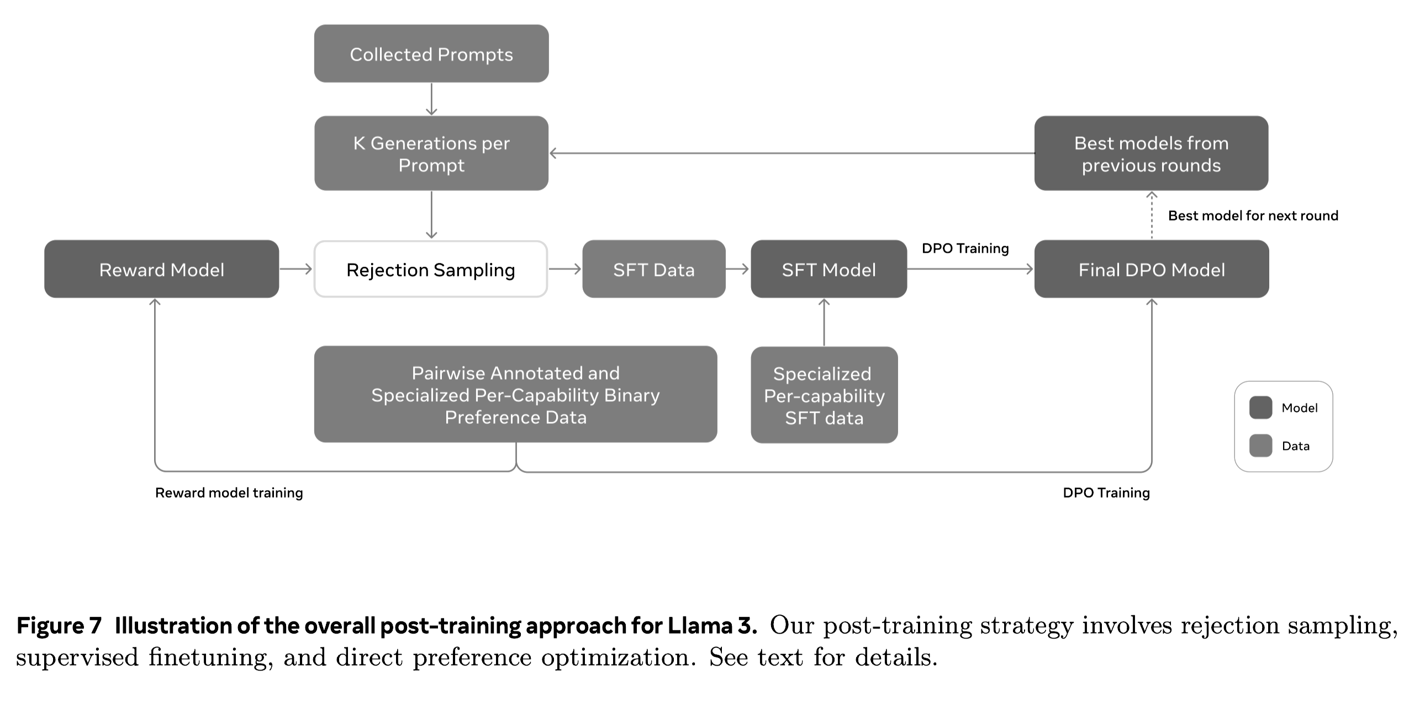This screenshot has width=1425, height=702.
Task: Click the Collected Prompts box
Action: pos(431,54)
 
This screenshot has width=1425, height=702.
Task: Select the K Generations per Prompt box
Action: pos(431,153)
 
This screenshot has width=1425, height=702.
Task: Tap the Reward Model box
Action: pos(161,269)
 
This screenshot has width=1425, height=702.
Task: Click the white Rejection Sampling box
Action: pos(430,269)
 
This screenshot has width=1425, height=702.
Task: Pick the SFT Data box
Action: pos(653,269)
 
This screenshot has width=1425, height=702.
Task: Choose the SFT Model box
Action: pos(828,269)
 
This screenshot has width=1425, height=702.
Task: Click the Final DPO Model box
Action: pos(1151,269)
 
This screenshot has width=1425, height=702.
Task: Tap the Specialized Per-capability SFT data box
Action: pos(824,395)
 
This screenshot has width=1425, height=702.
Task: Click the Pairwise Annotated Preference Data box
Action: pos(515,394)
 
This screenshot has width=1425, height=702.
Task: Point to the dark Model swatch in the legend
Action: pos(1260,407)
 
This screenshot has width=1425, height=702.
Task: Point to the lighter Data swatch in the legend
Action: pos(1260,445)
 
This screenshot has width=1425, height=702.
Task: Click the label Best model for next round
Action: pos(1253,216)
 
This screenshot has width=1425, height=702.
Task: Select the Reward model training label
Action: pos(229,492)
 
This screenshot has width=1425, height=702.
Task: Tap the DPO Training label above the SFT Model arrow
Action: pos(965,248)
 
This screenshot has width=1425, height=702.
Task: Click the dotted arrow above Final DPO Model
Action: pos(1152,216)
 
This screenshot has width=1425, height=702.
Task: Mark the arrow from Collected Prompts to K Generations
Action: pos(431,99)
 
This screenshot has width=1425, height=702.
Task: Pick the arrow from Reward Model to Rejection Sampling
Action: pos(296,269)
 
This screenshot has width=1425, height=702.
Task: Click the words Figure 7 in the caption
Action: pos(59,626)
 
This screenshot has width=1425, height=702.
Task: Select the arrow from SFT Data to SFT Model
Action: pos(737,269)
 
